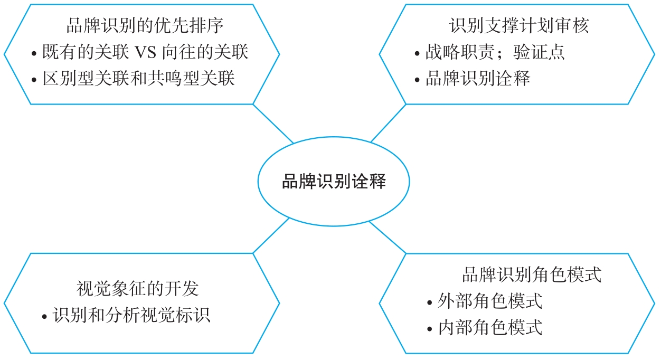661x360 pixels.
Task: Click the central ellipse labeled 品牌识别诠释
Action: coord(334,182)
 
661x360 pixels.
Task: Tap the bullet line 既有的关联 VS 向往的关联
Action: coord(145,52)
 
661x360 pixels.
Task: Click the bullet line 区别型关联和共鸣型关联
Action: coord(138,79)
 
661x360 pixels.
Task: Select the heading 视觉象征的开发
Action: coord(138,289)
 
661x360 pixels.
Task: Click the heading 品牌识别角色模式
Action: coord(532,275)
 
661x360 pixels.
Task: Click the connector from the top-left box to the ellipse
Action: coord(273,124)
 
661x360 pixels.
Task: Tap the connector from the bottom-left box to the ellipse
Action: coord(271,235)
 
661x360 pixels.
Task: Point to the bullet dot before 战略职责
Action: coord(418,53)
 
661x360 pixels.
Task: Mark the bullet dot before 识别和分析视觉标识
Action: coord(45,317)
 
